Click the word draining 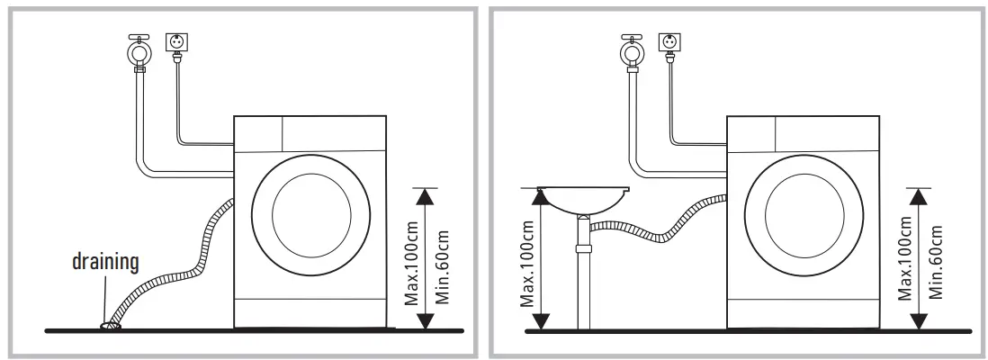click(x=106, y=262)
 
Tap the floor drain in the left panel click(x=111, y=325)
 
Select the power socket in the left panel click(x=175, y=43)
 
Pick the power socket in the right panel click(x=669, y=43)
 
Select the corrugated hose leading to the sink click(x=657, y=229)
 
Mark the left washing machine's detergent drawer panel click(x=258, y=133)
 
